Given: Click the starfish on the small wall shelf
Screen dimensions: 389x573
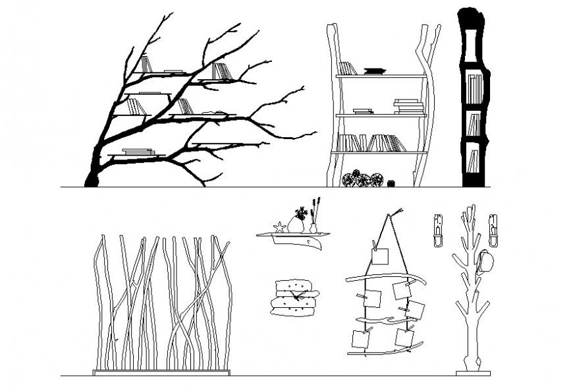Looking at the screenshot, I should pyautogui.click(x=279, y=227).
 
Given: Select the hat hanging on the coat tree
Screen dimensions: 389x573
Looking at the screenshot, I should pyautogui.click(x=486, y=262).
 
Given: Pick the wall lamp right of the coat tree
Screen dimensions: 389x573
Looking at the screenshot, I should pyautogui.click(x=493, y=229).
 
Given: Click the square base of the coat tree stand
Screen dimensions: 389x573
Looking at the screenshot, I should pyautogui.click(x=473, y=373).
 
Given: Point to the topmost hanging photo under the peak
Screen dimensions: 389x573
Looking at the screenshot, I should pyautogui.click(x=380, y=256).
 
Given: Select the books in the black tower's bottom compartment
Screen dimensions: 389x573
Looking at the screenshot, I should pyautogui.click(x=472, y=161).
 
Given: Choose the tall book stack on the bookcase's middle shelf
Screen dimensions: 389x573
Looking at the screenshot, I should pyautogui.click(x=408, y=107).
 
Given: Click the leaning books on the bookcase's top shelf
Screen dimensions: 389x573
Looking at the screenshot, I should pyautogui.click(x=348, y=68).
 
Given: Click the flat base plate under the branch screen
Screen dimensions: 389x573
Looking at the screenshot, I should pyautogui.click(x=162, y=373).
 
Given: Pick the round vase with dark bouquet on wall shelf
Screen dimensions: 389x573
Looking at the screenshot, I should pyautogui.click(x=296, y=225).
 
